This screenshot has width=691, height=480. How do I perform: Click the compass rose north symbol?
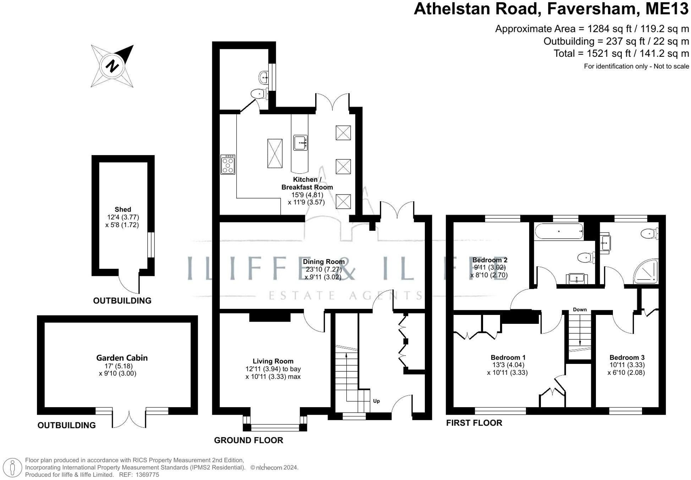(112, 66)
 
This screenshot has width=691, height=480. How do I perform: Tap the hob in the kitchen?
(227, 164)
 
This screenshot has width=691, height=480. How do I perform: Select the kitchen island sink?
(300, 142)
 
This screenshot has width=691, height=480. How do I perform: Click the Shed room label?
(123, 209)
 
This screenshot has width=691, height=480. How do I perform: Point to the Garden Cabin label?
(122, 358)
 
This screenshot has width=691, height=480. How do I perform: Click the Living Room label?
(273, 361)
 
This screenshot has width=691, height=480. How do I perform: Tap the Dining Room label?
(324, 262)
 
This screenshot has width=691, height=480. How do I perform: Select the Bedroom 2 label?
(490, 260)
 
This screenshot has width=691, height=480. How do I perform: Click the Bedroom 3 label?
(627, 358)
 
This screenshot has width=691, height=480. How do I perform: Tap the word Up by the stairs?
(377, 401)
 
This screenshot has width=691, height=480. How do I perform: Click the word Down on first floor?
(580, 310)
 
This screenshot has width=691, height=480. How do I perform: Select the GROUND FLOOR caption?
(248, 440)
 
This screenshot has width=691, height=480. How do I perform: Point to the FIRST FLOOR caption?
(474, 423)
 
